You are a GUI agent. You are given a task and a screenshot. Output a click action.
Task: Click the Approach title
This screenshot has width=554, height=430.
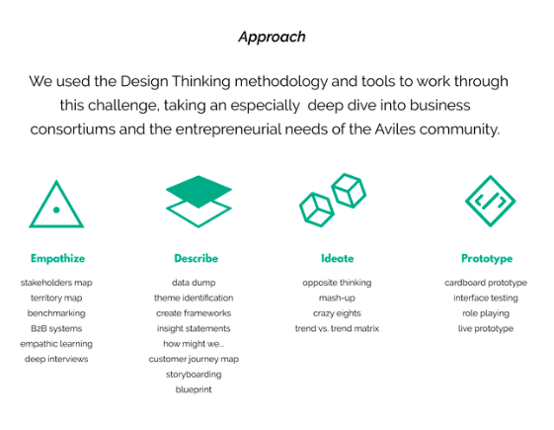(x=272, y=38)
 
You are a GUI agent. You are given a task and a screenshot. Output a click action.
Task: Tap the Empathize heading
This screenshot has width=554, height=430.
(x=57, y=259)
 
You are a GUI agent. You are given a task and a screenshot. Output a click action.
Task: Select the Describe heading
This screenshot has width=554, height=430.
(x=197, y=258)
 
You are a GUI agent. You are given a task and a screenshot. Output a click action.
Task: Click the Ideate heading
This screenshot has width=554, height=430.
(x=337, y=258)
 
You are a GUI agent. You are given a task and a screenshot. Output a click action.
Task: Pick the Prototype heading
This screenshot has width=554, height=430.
(x=487, y=259)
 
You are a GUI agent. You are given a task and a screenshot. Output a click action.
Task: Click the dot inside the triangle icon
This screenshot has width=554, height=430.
(x=56, y=210)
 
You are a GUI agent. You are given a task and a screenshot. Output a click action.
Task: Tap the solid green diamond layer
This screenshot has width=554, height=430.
(x=198, y=192)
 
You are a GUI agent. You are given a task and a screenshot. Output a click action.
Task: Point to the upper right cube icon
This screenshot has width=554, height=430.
(x=349, y=190)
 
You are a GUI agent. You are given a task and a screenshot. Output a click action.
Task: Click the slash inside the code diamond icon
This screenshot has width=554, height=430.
(x=490, y=202)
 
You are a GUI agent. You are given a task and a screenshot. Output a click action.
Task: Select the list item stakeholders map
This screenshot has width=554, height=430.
(x=56, y=283)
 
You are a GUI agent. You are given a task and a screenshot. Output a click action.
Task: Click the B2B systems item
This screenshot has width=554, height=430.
(x=56, y=328)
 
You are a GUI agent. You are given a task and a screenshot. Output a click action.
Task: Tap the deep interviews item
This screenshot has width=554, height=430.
(x=56, y=359)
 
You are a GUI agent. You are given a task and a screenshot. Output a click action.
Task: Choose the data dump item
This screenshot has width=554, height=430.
(x=194, y=283)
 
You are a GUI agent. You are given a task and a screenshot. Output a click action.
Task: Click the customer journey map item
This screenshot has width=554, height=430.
(x=194, y=359)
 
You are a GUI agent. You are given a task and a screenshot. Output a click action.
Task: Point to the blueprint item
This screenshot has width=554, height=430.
(x=194, y=389)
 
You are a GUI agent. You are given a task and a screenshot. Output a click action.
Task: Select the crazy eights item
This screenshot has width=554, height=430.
(x=337, y=313)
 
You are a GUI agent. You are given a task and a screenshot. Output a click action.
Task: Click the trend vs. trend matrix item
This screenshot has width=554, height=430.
(x=337, y=328)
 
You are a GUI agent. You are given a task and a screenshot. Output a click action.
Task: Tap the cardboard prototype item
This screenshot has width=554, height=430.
(x=486, y=283)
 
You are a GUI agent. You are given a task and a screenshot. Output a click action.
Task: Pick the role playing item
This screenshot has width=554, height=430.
(x=486, y=313)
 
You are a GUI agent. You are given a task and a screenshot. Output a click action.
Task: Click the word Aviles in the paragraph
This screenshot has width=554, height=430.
(x=395, y=129)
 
